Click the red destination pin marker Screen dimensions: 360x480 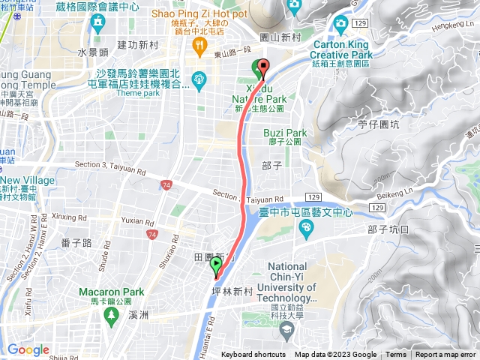pos(263,68)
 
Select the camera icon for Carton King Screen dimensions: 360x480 pos(340,24)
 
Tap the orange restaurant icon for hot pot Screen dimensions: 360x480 pos(199,46)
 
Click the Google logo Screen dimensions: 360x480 pos(28,349)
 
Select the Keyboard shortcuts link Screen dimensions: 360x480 pos(253,355)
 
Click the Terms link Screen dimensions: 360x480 pos(395,355)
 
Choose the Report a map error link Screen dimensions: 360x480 pos(445,355)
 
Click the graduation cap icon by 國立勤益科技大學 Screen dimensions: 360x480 pos(286,329)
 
